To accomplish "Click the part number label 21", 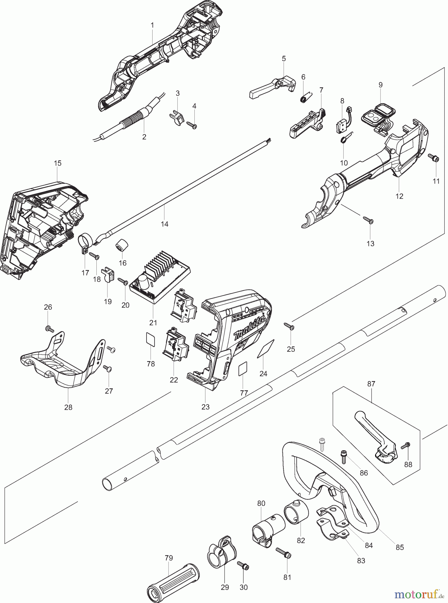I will click(153, 323).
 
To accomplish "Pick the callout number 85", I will click(399, 547).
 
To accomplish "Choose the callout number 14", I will click(164, 224).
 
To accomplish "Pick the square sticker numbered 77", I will click(243, 370).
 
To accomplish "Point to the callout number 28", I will click(68, 407).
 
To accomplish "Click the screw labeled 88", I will click(406, 446).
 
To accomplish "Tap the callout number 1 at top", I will click(152, 25).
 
